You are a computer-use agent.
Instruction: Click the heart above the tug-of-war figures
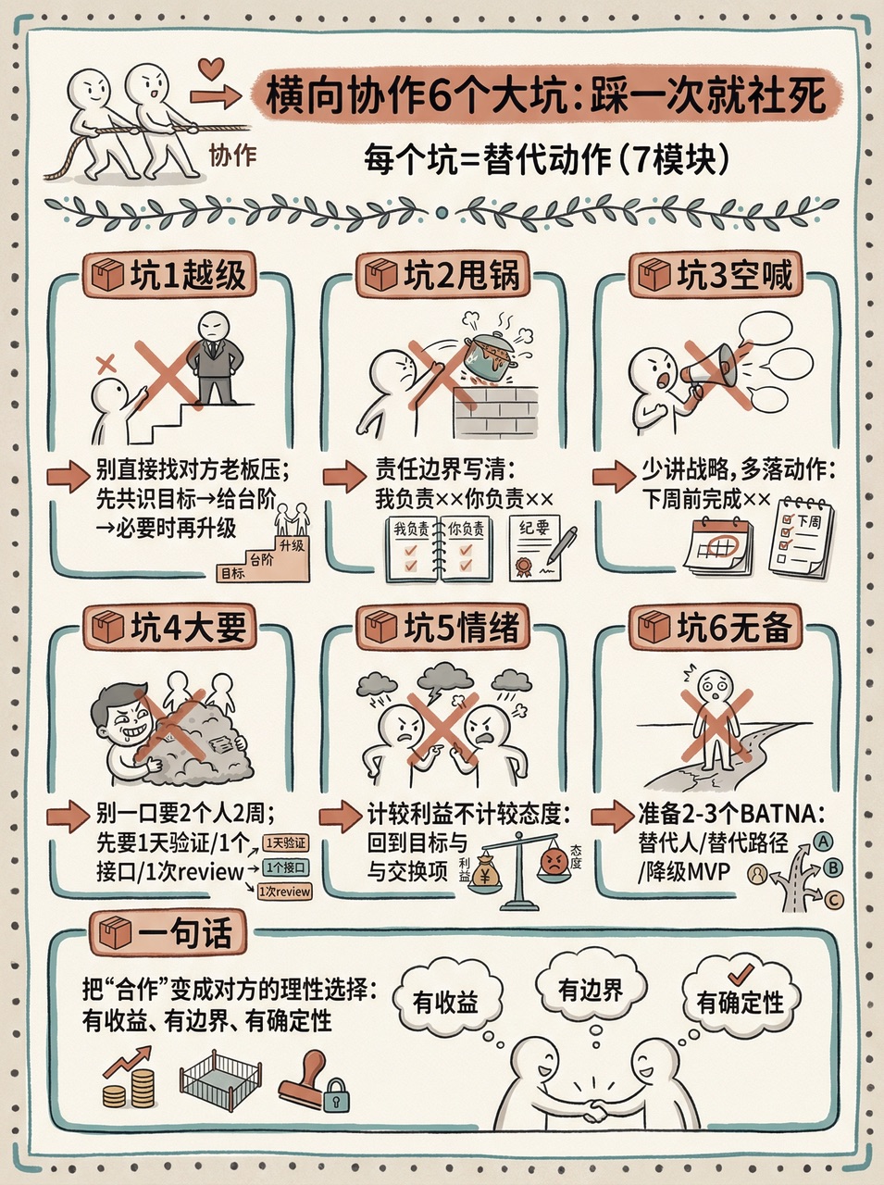click(x=211, y=69)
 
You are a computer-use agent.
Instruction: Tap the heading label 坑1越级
click(x=168, y=274)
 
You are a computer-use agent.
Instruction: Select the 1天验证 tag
click(x=285, y=842)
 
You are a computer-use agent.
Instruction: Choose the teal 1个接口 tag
click(x=286, y=868)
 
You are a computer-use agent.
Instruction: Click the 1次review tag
click(x=284, y=892)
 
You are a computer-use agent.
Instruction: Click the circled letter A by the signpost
click(x=823, y=842)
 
